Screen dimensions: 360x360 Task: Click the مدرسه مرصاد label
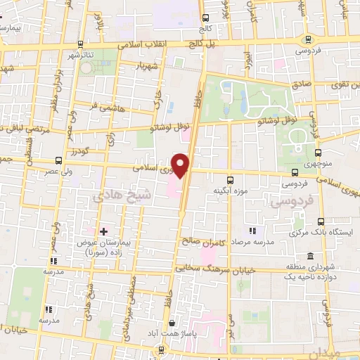tap(254, 240)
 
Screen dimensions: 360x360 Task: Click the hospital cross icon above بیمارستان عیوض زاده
tap(104, 231)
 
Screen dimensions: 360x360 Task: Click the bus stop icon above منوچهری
tap(319, 151)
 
